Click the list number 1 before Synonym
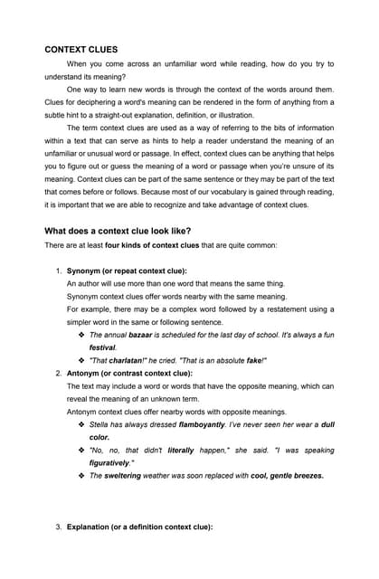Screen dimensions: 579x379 click(x=58, y=271)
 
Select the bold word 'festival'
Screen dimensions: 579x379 click(x=102, y=347)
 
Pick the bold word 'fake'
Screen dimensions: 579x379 click(x=252, y=360)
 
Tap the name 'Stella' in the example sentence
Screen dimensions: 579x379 click(x=99, y=423)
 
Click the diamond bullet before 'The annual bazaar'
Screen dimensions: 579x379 click(x=81, y=335)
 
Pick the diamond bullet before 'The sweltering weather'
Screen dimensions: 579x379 click(x=81, y=475)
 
